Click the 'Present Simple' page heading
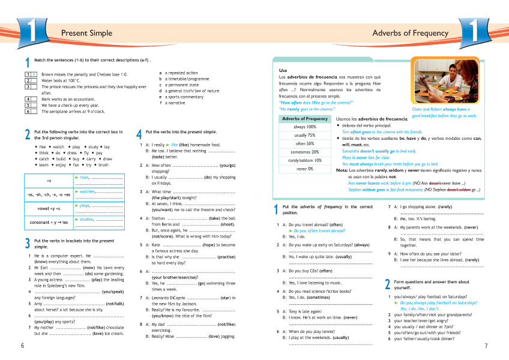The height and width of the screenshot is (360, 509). [86, 33]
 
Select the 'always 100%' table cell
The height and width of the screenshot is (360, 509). [305, 127]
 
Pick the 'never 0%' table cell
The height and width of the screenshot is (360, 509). [305, 169]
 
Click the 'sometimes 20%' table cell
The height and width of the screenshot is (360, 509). [305, 152]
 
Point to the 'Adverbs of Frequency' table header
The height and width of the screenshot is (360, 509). [305, 118]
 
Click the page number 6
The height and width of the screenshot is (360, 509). [22, 346]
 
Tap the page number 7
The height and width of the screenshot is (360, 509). [486, 346]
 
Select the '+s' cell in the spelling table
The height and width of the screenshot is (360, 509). [49, 180]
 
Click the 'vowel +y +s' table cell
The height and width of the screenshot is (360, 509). [49, 208]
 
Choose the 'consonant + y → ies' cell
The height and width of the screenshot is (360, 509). [49, 223]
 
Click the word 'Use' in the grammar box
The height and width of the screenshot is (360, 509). [283, 70]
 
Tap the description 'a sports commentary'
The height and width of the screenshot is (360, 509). [186, 97]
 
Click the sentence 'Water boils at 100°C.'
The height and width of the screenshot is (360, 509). [61, 80]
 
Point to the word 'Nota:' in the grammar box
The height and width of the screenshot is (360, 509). [342, 170]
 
